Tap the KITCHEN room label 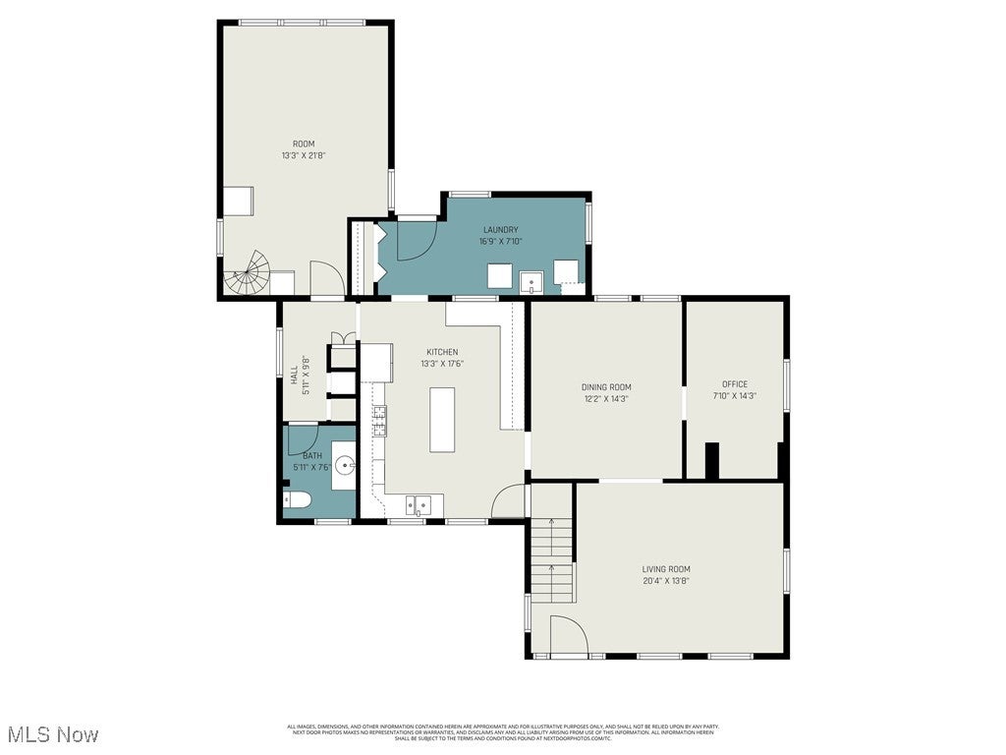point(441,352)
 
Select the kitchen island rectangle point(442,419)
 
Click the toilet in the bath point(298,501)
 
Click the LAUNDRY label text point(500,230)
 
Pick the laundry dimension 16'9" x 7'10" point(500,241)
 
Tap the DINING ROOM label point(606,386)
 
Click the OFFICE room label point(735,384)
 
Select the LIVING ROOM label point(666,569)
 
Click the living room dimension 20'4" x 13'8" point(666,580)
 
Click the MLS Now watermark point(53,734)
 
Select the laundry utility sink point(532,283)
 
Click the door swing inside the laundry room point(415,240)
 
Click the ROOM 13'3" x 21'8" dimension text point(304,155)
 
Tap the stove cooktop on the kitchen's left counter point(378,421)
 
